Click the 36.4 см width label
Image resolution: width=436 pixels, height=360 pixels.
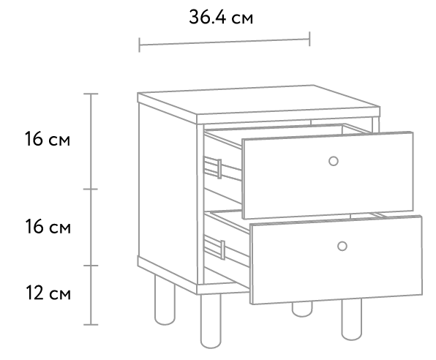coord(221,18)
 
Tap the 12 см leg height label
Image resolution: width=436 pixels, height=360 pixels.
coord(48,293)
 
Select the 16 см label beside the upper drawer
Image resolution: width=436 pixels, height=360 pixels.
coord(48,139)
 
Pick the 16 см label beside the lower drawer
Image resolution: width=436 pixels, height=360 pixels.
coord(48,226)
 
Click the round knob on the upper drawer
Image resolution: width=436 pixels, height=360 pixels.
coord(334,161)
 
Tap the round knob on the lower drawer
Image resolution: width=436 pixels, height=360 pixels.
coord(342,246)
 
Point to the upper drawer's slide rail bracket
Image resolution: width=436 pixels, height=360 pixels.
coord(219,169)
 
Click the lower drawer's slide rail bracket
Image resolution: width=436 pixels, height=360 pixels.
coord(222,250)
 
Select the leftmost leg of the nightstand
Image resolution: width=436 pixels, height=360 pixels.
coord(165,301)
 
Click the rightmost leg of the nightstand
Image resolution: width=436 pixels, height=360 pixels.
coord(352,319)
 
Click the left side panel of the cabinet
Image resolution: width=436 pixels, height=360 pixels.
coord(168,192)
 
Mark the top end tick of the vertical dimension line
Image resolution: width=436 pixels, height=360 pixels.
coord(91,94)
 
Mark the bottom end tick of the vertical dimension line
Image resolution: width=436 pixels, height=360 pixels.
coord(91,324)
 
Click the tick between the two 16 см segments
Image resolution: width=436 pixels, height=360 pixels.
coord(91,190)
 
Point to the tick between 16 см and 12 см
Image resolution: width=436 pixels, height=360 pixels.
coord(91,266)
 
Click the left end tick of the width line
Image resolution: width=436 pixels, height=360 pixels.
coord(139,45)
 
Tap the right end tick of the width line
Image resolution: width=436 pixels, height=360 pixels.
coord(309,39)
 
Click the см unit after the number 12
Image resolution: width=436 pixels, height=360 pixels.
coord(60,295)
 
